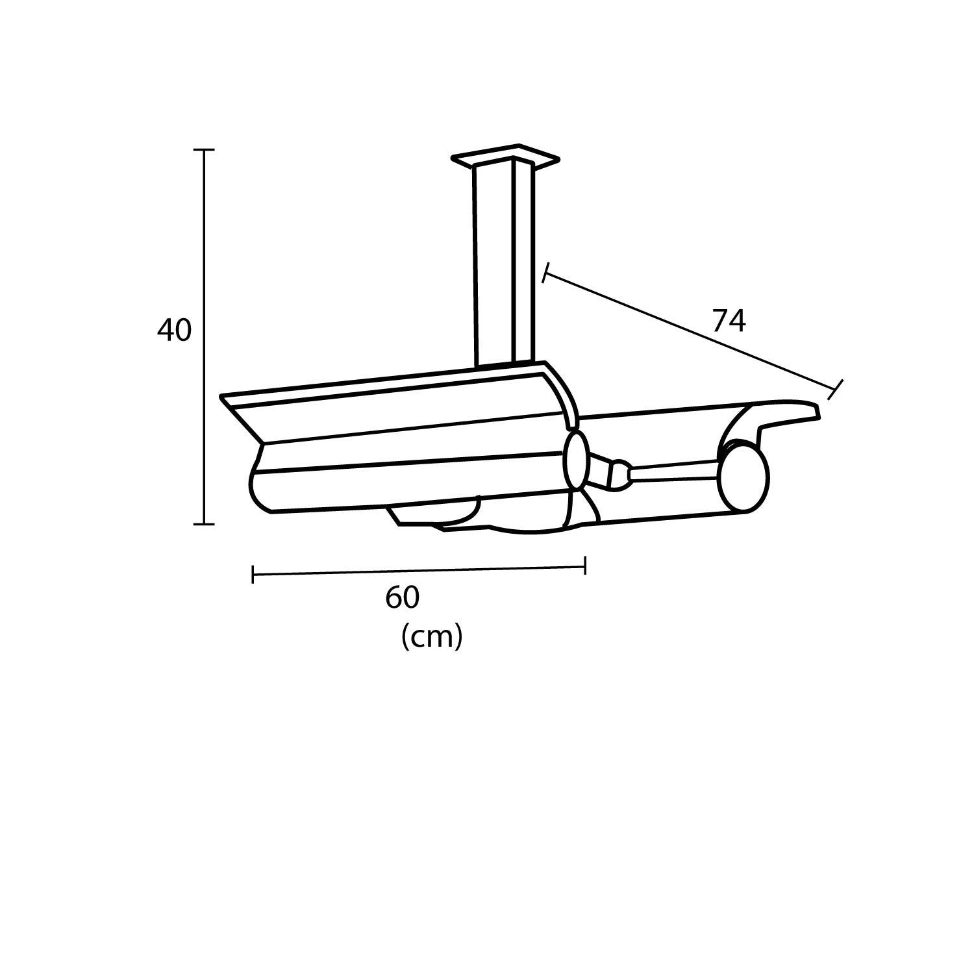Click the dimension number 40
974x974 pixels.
(x=174, y=331)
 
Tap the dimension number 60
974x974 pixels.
(x=403, y=598)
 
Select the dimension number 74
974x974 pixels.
(x=729, y=321)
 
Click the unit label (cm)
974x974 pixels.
(x=432, y=637)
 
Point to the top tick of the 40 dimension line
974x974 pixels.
(x=205, y=150)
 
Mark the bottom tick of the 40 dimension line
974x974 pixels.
(x=205, y=523)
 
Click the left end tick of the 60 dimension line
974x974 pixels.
(x=253, y=574)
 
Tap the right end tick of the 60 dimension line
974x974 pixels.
(x=586, y=566)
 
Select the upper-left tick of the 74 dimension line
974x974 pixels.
(x=546, y=273)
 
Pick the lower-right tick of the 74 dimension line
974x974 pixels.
(x=836, y=389)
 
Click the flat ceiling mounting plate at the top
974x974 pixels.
(x=505, y=156)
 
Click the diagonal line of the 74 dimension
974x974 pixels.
(x=688, y=331)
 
